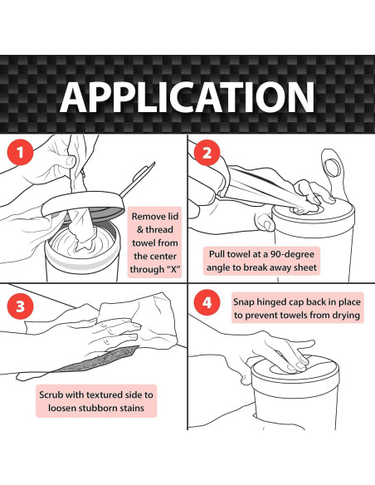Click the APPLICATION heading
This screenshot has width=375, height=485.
(x=187, y=97)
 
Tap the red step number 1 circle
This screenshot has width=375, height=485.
(x=20, y=152)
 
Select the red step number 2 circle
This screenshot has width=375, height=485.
(x=207, y=153)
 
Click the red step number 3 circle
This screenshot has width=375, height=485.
(x=20, y=306)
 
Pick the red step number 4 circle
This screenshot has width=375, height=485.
(x=207, y=302)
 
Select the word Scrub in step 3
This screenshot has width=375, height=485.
(x=51, y=394)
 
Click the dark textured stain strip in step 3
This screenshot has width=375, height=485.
(x=98, y=360)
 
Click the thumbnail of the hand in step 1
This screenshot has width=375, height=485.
(x=71, y=160)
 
